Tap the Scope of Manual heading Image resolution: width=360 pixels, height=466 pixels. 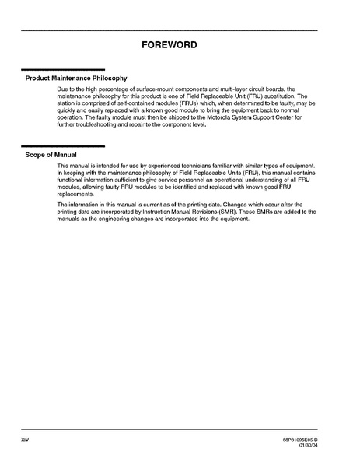click(53, 154)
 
